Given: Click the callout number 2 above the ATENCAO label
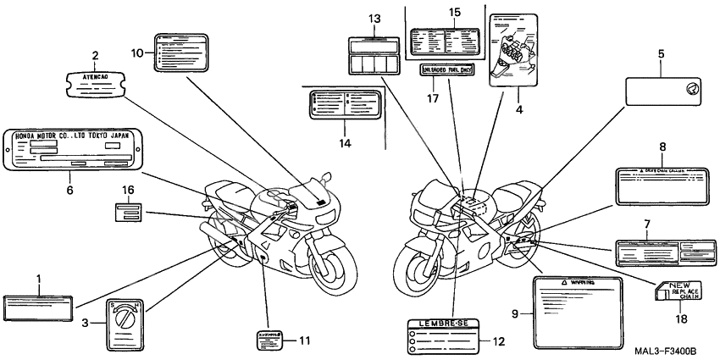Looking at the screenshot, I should pos(94,55).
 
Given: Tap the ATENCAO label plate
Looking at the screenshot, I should pos(95,80).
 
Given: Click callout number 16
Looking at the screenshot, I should pos(128,189).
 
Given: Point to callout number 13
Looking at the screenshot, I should pos(375,19).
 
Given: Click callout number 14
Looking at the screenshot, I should pos(344,143).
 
